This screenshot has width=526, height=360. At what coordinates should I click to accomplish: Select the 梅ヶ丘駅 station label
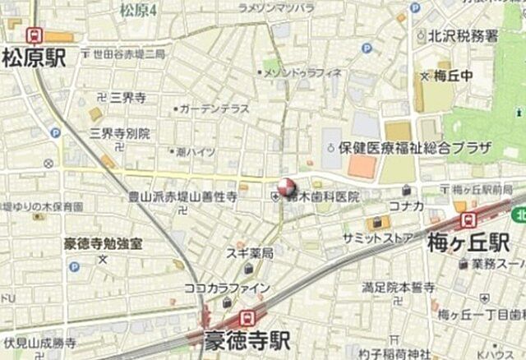[x=468, y=242]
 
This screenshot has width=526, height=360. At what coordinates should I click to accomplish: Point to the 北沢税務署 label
[x=463, y=35]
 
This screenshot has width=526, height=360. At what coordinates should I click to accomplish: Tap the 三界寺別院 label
[x=120, y=132]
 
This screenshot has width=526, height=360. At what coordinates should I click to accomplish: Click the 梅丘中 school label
[x=454, y=76]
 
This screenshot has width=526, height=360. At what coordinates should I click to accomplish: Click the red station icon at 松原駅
[x=35, y=35]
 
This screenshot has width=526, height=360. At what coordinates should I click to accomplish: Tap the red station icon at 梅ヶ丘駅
[x=468, y=219]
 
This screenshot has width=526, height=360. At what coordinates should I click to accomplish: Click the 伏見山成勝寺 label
[x=39, y=343]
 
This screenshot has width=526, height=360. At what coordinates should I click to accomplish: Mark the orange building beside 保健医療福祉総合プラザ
[x=362, y=167]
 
